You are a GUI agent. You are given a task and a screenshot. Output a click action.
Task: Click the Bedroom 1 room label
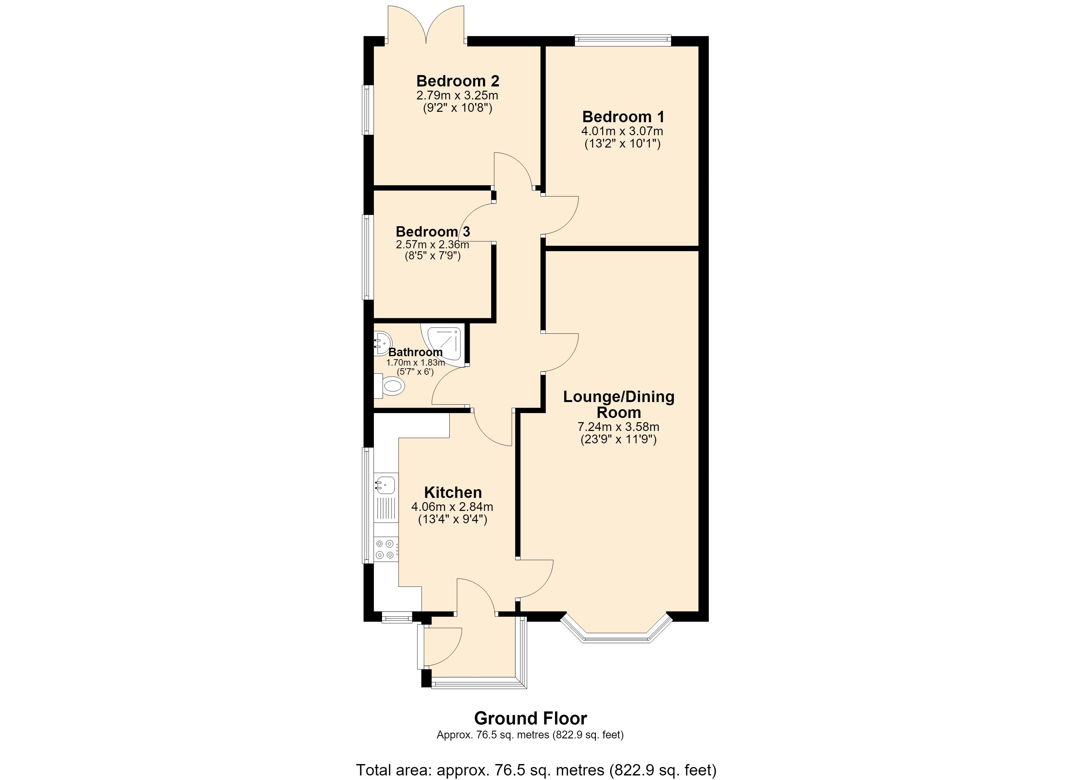click(623, 116)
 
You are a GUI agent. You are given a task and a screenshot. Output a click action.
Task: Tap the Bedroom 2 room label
click(457, 81)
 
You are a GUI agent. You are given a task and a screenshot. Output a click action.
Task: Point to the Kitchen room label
click(453, 492)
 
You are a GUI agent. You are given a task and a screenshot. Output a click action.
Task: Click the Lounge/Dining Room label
click(619, 404)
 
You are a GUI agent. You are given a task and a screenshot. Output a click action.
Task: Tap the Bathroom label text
click(415, 352)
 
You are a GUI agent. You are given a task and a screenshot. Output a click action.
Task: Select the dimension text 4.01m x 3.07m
click(622, 131)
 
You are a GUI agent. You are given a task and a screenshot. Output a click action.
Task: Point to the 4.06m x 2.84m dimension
click(452, 507)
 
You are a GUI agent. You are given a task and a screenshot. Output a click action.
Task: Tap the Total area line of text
click(536, 770)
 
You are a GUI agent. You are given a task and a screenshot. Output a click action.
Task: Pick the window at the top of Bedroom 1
click(623, 40)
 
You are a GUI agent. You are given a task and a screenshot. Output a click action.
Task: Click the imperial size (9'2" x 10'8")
click(457, 108)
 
